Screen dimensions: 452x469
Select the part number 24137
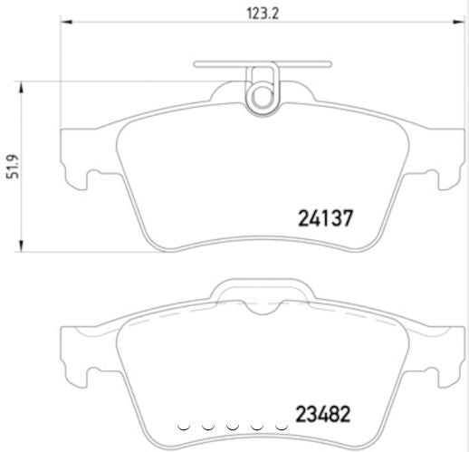tap(323, 218)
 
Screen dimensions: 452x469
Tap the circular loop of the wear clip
tap(264, 94)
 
